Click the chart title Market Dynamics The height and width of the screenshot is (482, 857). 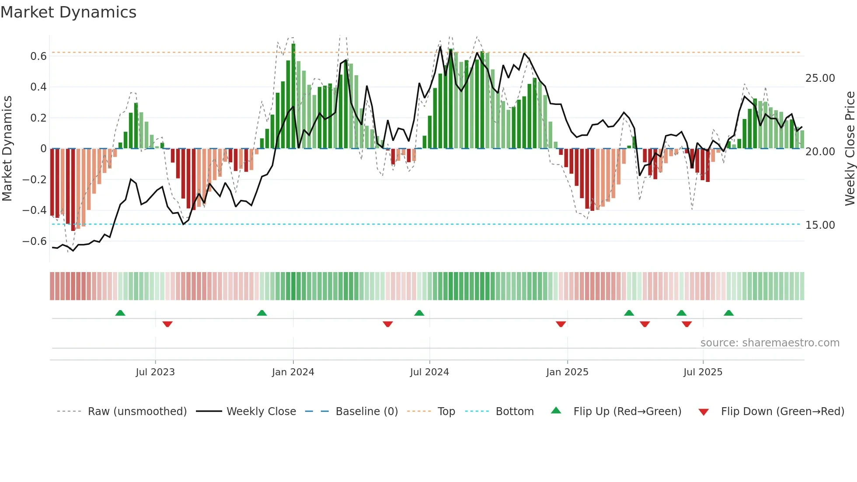click(68, 12)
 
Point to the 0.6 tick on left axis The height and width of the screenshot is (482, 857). click(38, 56)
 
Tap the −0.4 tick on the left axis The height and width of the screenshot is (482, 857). click(35, 210)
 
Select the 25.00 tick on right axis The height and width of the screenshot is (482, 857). click(820, 78)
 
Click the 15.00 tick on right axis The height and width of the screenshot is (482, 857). click(820, 225)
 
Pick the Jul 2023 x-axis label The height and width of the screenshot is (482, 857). click(155, 372)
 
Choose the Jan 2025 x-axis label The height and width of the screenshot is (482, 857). click(567, 372)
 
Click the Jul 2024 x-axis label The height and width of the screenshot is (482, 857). click(429, 372)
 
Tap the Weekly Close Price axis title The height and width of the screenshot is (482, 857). click(850, 149)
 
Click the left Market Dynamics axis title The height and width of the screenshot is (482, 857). click(7, 149)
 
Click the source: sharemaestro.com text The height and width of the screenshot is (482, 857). click(770, 343)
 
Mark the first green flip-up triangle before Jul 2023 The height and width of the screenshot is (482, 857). click(120, 313)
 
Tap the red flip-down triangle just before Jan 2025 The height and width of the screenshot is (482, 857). click(561, 324)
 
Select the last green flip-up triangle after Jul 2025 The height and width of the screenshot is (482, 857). click(728, 313)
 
